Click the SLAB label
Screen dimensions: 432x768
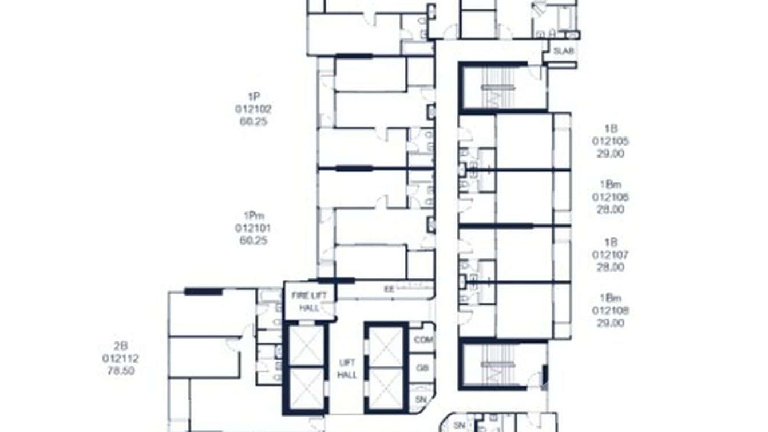click(563, 51)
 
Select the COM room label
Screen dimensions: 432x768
click(423, 339)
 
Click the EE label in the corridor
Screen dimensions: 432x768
click(389, 290)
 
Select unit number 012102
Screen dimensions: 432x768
click(254, 109)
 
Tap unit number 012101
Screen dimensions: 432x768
click(254, 228)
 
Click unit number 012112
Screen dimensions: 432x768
click(121, 358)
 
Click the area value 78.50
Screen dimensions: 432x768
click(121, 371)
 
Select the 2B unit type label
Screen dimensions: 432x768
click(121, 345)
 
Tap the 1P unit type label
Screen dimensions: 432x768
click(254, 96)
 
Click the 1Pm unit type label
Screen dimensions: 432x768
click(254, 215)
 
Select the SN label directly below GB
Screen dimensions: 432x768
click(422, 399)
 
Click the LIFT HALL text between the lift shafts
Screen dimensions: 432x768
click(347, 369)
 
